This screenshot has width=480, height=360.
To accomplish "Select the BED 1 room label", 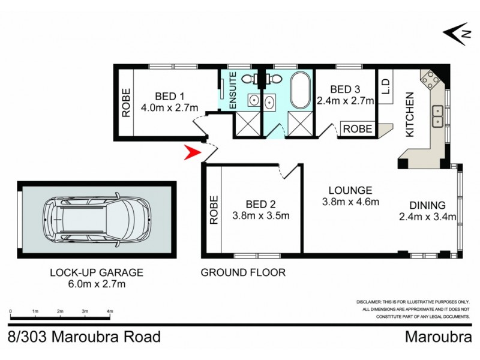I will tap(170, 97).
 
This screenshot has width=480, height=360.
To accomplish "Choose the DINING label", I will tap(427, 204).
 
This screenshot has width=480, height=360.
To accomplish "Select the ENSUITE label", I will tap(233, 91).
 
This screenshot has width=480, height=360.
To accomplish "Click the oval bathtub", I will tap(299, 91).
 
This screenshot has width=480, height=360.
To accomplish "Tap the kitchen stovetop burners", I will tap(430, 79).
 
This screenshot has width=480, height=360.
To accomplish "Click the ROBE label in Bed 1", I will tap(126, 103).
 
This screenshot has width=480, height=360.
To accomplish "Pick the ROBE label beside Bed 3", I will tap(358, 129).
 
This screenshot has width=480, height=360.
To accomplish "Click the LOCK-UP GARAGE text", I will tap(97, 272).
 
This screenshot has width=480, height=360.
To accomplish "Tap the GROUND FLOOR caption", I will tap(243, 272).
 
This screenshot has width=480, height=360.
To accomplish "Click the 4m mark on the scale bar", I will tap(110, 311).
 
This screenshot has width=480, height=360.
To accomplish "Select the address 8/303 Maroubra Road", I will tap(85, 337).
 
